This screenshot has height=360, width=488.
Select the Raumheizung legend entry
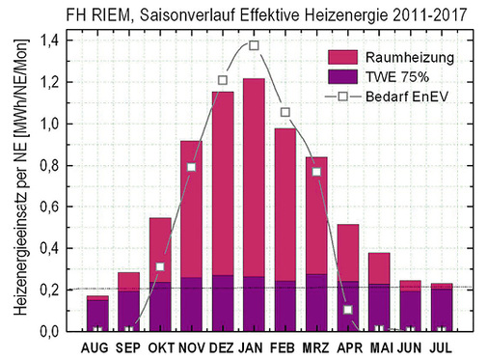(382, 58)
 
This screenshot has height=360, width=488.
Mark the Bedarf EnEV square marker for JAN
(254, 45)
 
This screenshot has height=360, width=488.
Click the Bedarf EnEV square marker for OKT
(160, 266)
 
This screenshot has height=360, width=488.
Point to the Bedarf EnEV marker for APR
(347, 310)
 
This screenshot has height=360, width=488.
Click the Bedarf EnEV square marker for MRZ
(316, 172)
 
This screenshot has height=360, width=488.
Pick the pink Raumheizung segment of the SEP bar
(128, 281)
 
